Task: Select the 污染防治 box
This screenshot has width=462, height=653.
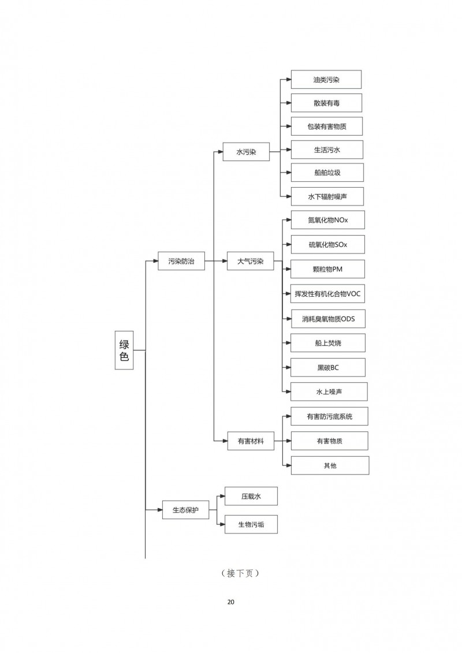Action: click(x=181, y=261)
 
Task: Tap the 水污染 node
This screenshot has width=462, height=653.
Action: click(x=246, y=152)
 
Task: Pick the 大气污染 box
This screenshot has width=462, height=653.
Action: click(x=250, y=261)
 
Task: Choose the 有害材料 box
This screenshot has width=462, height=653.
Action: click(x=251, y=441)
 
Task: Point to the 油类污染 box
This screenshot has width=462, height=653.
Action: click(x=326, y=80)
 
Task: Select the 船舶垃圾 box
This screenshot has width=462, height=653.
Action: click(x=327, y=173)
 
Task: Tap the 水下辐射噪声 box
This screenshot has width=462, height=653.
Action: click(x=327, y=196)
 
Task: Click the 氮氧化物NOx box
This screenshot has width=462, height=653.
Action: click(x=328, y=220)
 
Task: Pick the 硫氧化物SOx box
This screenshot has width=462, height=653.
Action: click(x=328, y=245)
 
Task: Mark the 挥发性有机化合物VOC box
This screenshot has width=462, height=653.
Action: click(x=328, y=293)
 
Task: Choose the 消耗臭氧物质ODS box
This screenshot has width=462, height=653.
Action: click(x=328, y=319)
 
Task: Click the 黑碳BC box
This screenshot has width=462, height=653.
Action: click(x=328, y=367)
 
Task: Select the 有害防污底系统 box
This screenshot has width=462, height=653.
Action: click(x=330, y=416)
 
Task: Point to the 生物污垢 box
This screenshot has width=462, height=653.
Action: click(x=251, y=524)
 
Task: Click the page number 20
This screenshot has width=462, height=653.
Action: click(x=231, y=602)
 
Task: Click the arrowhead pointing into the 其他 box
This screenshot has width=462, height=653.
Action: click(x=288, y=465)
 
